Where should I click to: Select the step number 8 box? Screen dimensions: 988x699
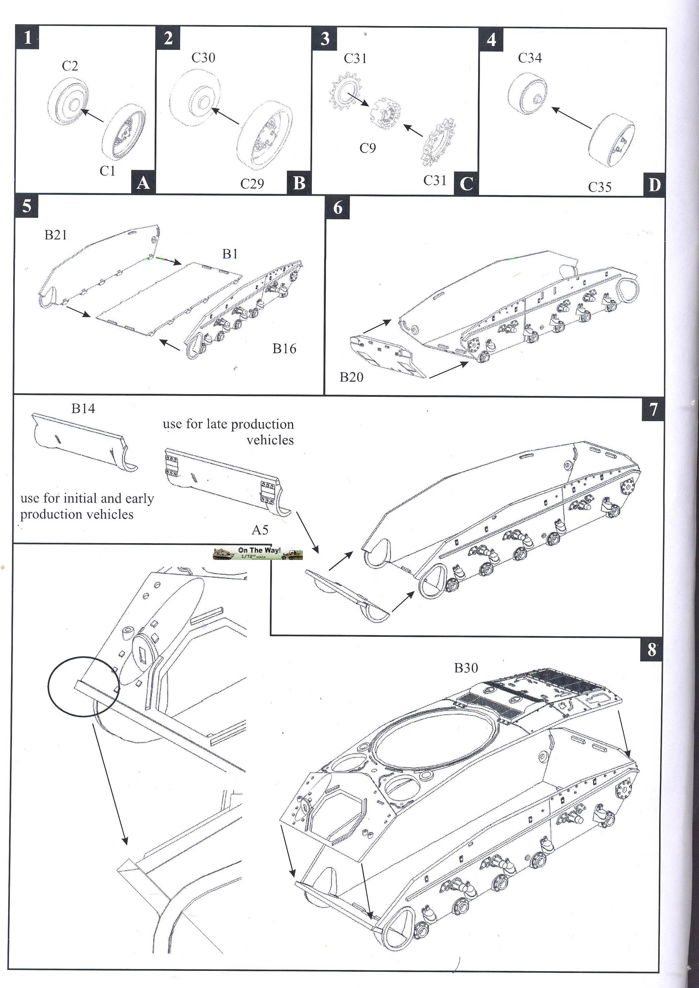pos(652,649)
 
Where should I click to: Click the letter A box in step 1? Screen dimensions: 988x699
pos(143,183)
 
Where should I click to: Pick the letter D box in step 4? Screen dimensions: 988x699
pos(654,185)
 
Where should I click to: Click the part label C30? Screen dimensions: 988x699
pos(203,58)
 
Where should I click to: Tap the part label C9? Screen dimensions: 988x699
pos(368,148)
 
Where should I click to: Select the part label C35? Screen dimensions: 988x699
pos(600,187)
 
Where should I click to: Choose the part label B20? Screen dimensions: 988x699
pos(351,377)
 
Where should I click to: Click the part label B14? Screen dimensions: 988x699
pos(83,408)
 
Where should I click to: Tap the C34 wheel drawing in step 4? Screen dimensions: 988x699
pos(527,94)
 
